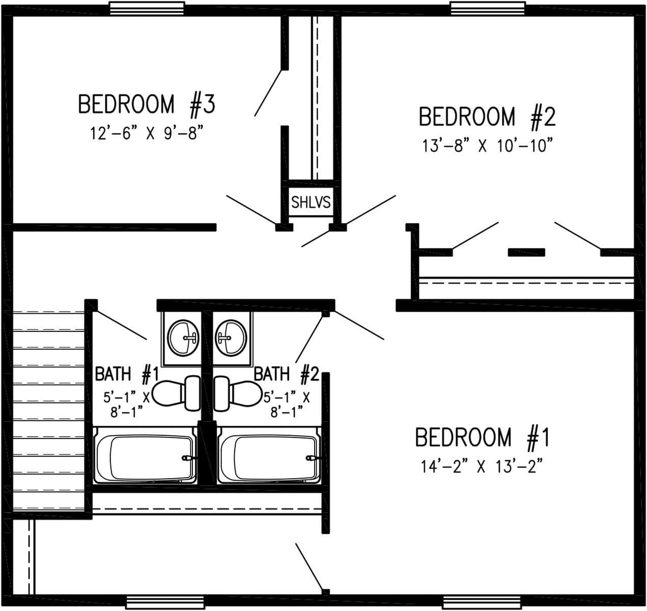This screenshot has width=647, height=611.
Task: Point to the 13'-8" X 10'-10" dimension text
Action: coord(487,146)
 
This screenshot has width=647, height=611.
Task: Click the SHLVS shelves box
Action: coord(311,203)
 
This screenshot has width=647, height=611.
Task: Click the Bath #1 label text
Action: coord(127,375)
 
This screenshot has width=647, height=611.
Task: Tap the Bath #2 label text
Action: coord(286,375)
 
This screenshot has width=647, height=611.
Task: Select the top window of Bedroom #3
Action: coord(147,9)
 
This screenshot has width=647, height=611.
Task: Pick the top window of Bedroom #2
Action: coord(488,9)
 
